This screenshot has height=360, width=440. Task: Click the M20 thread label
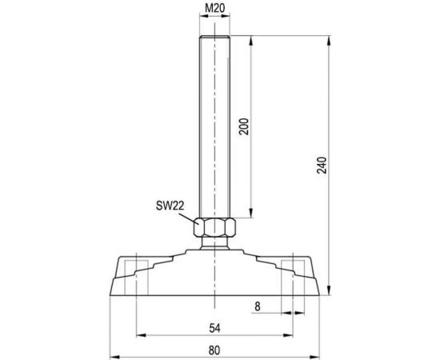click(214, 9)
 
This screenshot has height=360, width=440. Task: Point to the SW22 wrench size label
click(170, 206)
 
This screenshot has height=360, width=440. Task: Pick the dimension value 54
click(214, 328)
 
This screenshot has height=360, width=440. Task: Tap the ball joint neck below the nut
click(214, 243)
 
